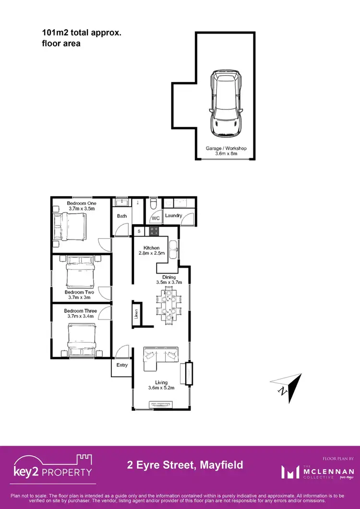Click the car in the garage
tap(226, 104)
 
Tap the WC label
tap(156, 218)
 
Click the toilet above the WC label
tap(153, 205)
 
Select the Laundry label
tap(173, 215)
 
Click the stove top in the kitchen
tap(155, 231)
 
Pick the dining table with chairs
tap(168, 305)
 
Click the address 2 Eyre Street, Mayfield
tap(185, 465)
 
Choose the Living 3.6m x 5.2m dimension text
tap(161, 385)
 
